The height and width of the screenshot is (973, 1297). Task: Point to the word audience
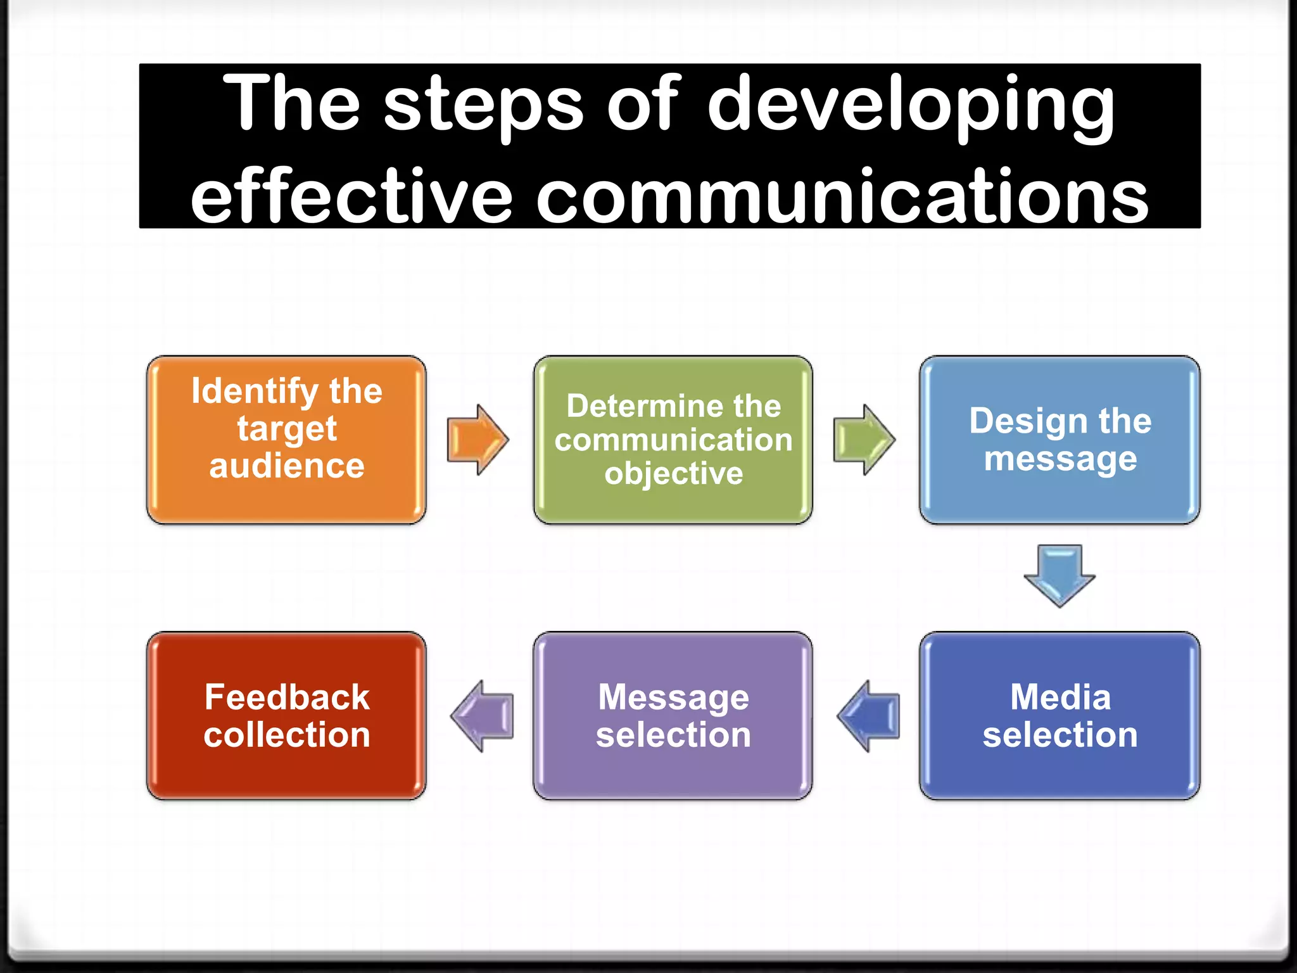287,466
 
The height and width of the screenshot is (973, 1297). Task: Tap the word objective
673,474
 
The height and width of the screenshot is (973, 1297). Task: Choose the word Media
1060,697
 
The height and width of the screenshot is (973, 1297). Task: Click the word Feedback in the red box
287,697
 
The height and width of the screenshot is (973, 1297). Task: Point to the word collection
287,735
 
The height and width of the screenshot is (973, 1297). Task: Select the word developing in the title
911,105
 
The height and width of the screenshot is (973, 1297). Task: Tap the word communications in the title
842,196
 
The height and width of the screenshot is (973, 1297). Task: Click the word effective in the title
351,196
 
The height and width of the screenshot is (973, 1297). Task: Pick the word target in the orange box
287,429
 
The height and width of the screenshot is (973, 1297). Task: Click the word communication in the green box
673,440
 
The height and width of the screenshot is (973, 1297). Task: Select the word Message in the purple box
673,697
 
